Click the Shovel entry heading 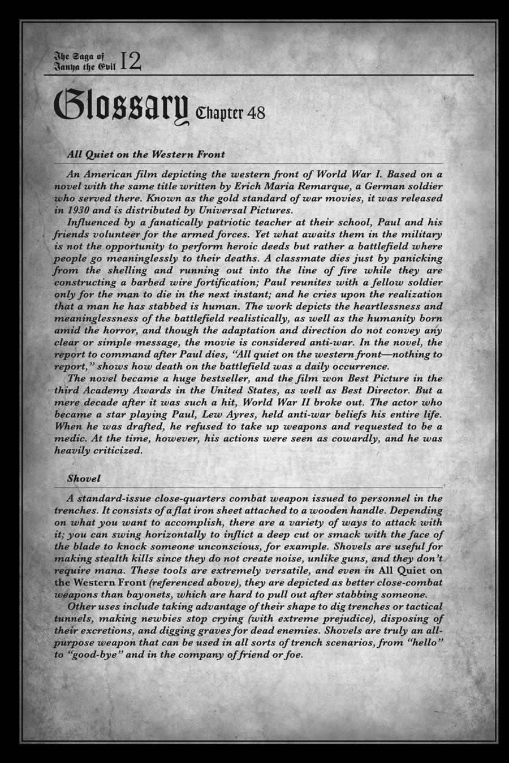(x=84, y=478)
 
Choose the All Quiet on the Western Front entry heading (x=146, y=154)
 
